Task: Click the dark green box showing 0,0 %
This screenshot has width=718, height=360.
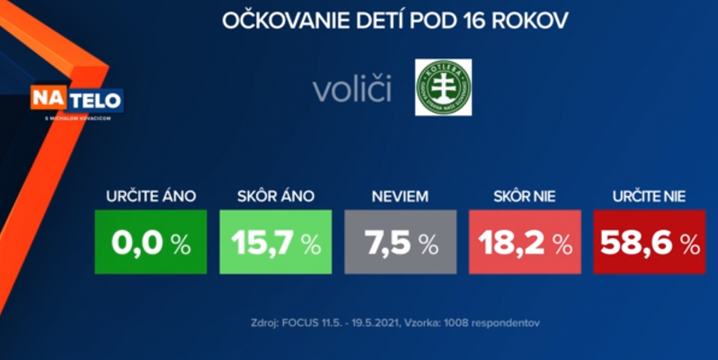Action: (x=150, y=242)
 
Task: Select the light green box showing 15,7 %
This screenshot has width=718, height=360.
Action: (x=275, y=242)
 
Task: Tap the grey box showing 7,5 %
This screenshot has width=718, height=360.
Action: (x=400, y=242)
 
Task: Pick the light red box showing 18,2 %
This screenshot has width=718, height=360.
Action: (x=525, y=242)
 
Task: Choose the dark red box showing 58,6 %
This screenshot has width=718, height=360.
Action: (x=649, y=242)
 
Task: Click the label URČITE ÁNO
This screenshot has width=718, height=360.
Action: (x=150, y=197)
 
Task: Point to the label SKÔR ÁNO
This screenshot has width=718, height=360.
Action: (x=275, y=197)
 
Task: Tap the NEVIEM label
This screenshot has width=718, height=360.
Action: (x=400, y=197)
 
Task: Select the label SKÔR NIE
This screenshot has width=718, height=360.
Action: (x=524, y=197)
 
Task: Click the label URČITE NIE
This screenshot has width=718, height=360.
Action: (x=649, y=197)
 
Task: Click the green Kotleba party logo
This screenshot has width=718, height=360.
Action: (x=444, y=87)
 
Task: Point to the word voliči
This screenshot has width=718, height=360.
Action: (x=352, y=89)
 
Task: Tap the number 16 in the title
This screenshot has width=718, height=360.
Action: (x=472, y=20)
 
